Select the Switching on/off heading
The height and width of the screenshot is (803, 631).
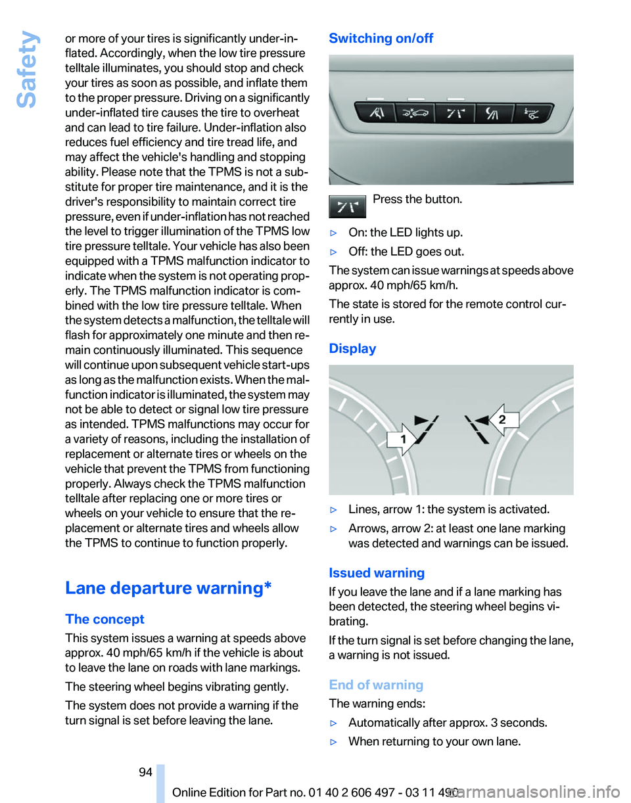[381, 38]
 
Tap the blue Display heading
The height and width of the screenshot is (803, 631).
[352, 348]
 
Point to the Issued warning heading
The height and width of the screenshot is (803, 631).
[377, 572]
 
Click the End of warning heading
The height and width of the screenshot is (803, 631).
[376, 685]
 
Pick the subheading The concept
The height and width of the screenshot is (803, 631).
[105, 619]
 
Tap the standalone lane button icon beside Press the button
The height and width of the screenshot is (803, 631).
[347, 206]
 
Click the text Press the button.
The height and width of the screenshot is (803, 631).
[417, 199]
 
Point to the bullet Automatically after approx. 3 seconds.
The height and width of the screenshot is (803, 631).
[447, 723]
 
